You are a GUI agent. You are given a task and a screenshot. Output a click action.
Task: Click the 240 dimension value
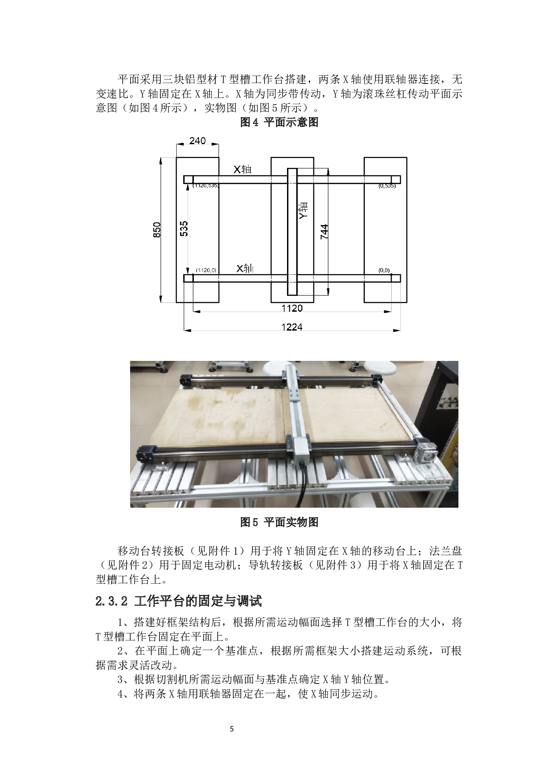197,141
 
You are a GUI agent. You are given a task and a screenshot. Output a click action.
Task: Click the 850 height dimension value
157,230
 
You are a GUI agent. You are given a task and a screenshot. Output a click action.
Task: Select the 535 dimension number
184,229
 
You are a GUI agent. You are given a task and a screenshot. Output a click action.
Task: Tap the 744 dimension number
324,232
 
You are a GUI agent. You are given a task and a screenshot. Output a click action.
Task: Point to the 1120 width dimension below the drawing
292,308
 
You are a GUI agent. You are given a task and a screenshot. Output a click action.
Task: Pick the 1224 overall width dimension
292,327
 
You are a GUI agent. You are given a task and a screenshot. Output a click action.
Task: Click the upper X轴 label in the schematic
242,169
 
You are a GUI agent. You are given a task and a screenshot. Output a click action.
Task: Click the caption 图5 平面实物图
279,522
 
